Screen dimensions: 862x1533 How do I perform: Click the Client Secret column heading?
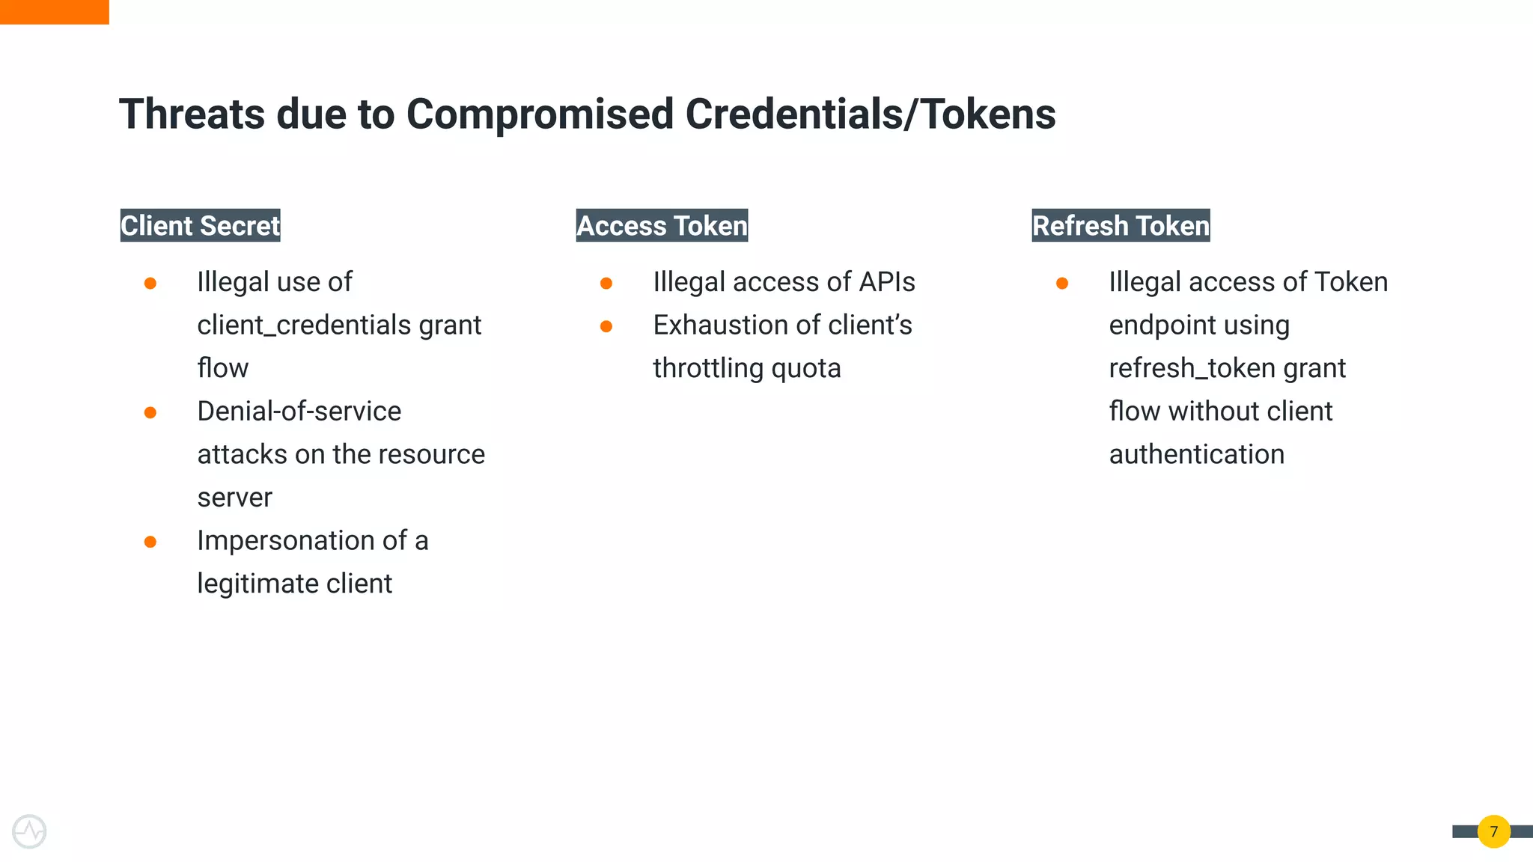(x=200, y=225)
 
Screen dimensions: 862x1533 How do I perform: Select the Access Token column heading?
(x=662, y=225)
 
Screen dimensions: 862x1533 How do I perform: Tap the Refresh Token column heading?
(x=1121, y=225)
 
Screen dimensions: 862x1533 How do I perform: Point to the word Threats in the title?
(x=192, y=114)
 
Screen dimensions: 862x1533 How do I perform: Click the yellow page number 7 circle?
(x=1493, y=831)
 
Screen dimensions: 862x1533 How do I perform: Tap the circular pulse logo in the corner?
(x=29, y=831)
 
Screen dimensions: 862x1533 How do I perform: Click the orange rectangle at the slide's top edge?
(x=54, y=12)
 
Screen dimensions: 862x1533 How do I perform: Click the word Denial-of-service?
(x=299, y=412)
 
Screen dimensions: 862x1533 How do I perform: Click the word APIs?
(x=887, y=282)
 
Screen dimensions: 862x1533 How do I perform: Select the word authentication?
(x=1196, y=454)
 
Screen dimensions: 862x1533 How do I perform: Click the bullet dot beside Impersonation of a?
(x=150, y=542)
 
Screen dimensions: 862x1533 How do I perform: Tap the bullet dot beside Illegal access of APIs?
(x=606, y=284)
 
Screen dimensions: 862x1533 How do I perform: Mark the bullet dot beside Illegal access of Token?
(x=1062, y=284)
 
